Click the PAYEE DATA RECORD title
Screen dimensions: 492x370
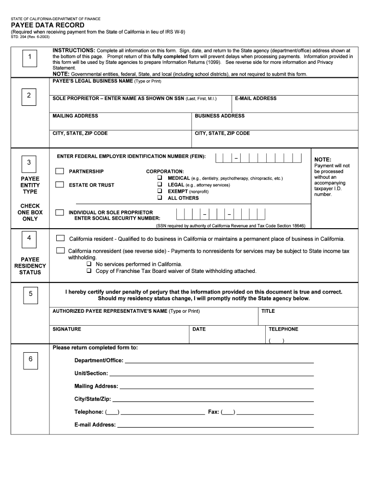pos(48,25)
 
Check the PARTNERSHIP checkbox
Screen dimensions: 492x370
pos(59,171)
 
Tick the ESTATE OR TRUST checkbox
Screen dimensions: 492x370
pos(59,184)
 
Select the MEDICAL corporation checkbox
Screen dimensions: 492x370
pos(159,178)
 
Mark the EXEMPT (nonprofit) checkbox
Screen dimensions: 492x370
pos(159,191)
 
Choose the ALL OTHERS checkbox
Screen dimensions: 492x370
pos(159,198)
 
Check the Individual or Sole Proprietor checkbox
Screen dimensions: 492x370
pos(59,212)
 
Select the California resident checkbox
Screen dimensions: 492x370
pos(60,238)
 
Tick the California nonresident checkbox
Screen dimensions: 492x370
pos(60,250)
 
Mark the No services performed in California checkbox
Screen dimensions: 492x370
pos(89,264)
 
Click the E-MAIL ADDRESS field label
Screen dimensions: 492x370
pos(255,98)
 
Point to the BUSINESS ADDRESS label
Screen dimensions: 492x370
pos(220,116)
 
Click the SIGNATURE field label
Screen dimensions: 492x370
pos(67,329)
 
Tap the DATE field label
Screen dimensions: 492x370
pos(199,329)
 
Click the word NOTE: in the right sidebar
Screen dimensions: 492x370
pos(322,160)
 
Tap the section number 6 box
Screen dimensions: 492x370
pos(30,359)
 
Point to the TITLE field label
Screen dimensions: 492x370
pos(268,311)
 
